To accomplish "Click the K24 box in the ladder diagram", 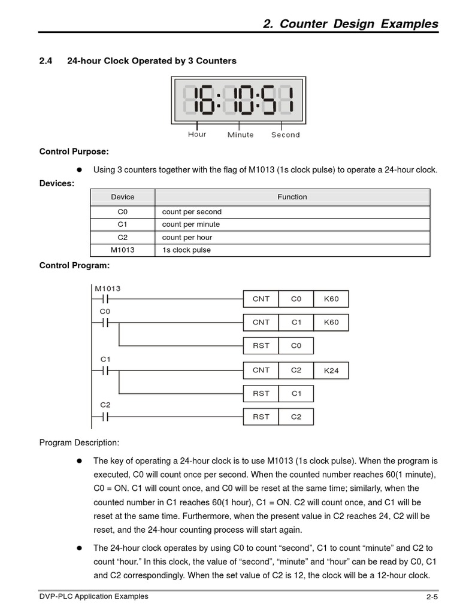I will coord(331,371).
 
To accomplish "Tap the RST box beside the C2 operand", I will coord(261,417).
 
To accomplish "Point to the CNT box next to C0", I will coord(261,299).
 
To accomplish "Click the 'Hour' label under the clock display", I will coord(197,134).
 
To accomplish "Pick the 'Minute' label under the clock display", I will coord(240,135).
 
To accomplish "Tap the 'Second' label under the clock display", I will coord(285,135).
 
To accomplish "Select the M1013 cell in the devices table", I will coord(123,250).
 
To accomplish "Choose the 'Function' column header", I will coord(292,197).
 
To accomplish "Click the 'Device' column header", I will coord(123,197).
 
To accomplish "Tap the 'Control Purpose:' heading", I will coord(74,151).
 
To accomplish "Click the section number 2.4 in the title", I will coord(46,60).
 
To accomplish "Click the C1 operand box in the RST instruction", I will coord(296,393).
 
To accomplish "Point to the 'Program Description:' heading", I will coord(79,442).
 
